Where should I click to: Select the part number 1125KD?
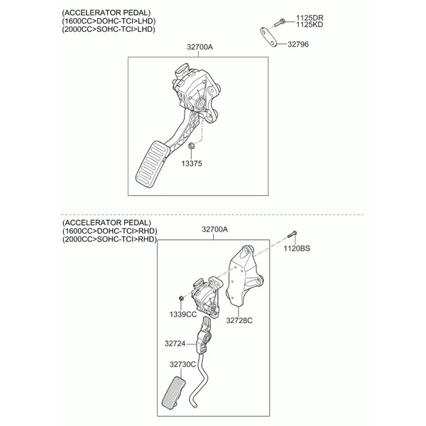click(309, 26)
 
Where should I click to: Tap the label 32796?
click(297, 44)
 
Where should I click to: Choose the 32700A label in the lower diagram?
click(214, 229)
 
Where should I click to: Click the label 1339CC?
click(183, 314)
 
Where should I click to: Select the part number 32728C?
click(240, 321)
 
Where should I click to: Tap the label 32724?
click(175, 344)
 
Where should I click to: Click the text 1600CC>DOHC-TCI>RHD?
click(109, 231)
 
